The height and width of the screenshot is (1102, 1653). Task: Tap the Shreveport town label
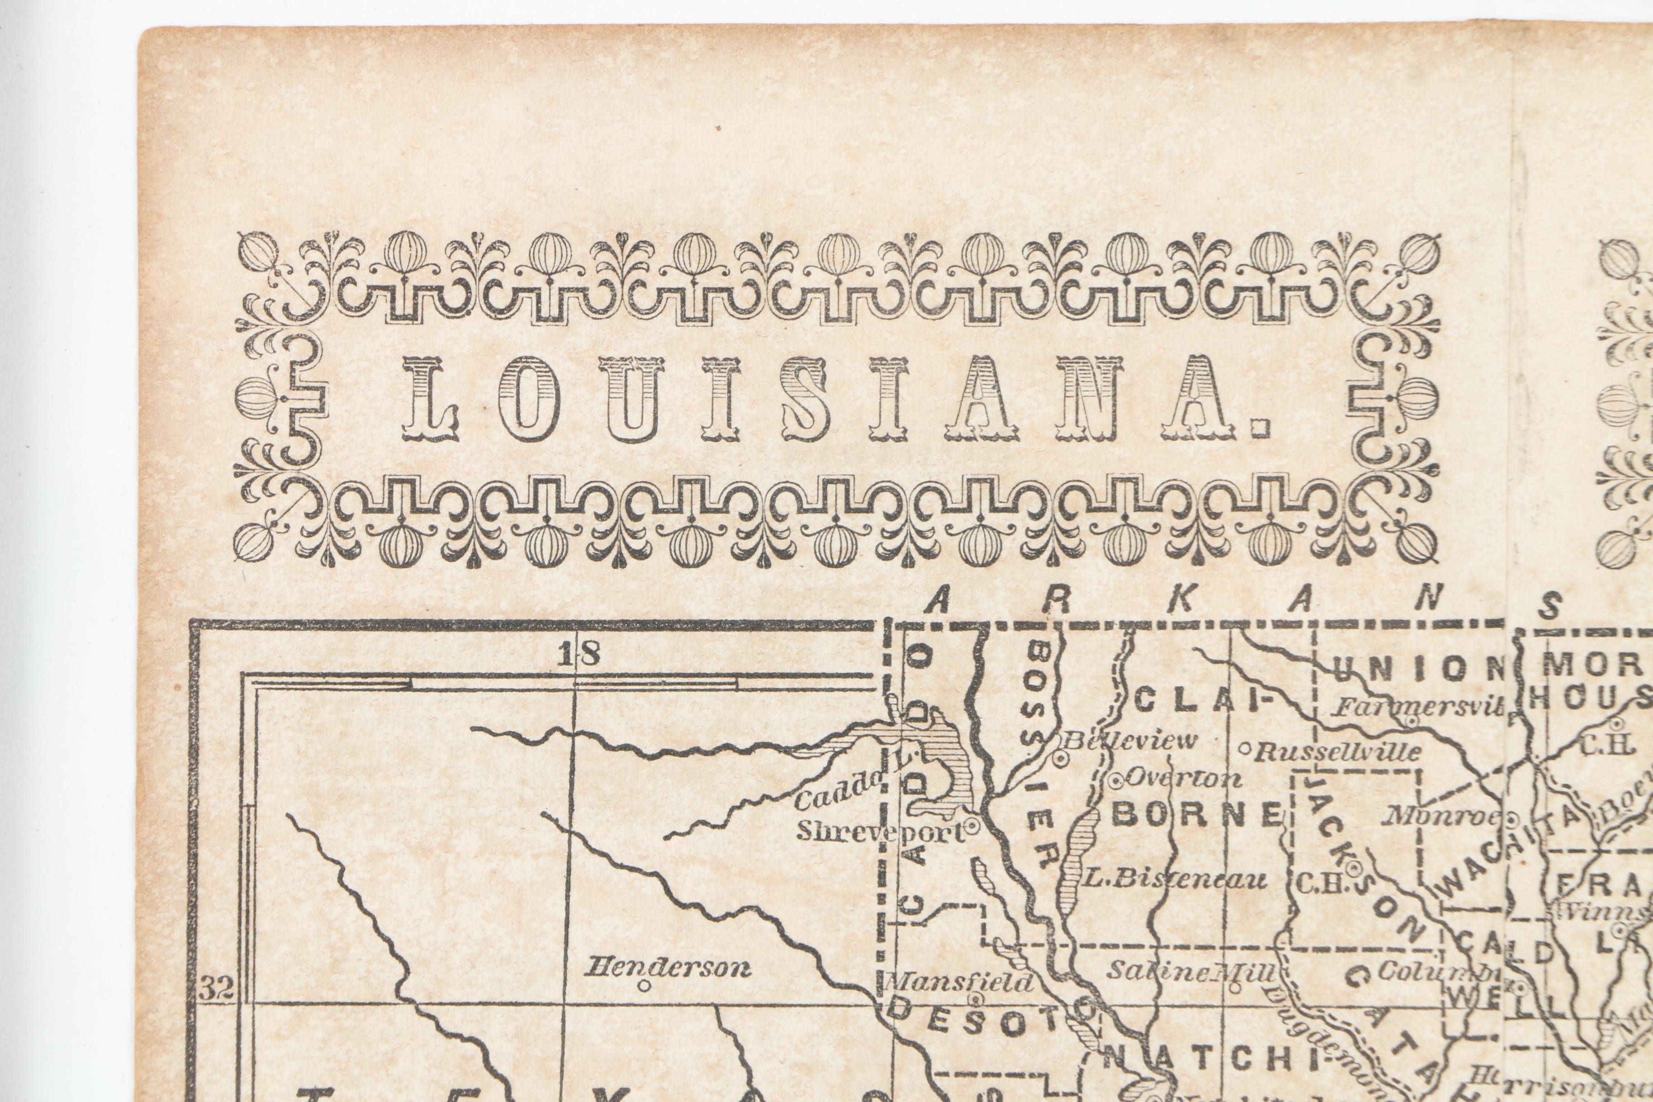click(880, 832)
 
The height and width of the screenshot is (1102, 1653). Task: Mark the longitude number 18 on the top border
click(579, 655)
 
